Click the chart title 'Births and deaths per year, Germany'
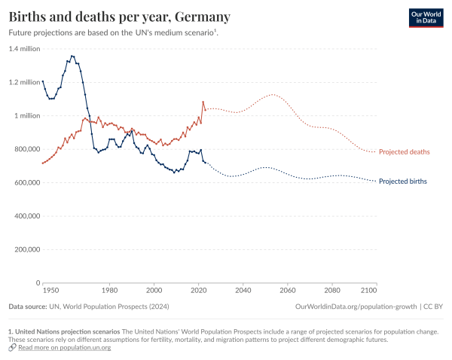point(120,17)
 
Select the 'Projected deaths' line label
point(404,152)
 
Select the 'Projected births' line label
point(403,182)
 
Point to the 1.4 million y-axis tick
point(24,49)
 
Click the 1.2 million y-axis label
point(24,82)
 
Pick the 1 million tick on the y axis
point(27,116)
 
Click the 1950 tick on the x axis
point(50,290)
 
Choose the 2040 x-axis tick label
point(243,290)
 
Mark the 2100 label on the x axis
point(369,290)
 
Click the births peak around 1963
point(72,56)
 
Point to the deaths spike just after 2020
point(203,102)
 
